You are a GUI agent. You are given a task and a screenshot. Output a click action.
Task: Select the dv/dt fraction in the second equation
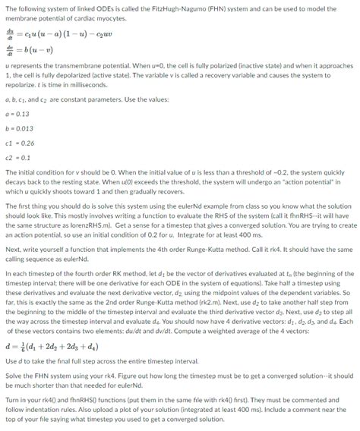(9, 46)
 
